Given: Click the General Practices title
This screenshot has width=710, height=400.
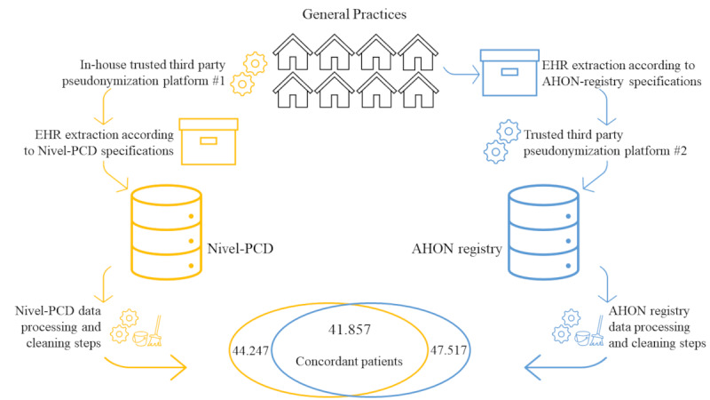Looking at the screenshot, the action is pos(354,14).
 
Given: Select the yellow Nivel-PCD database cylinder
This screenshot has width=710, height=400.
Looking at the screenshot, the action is pos(166,232).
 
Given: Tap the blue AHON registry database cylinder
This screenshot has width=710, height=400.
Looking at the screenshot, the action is pos(543,232).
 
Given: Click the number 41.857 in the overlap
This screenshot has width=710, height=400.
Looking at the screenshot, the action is pos(349,329).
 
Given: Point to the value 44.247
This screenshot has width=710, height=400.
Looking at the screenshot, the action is pos(250,350).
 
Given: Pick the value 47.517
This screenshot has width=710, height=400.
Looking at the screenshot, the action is pos(448,350).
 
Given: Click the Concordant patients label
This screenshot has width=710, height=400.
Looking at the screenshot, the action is pos(349,362).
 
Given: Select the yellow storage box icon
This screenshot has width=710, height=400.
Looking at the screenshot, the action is pos(209,141).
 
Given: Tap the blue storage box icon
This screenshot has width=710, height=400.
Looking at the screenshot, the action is pos(509,73).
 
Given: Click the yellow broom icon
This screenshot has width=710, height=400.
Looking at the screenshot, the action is pos(155,331).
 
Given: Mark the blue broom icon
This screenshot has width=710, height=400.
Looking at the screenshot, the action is pos(597,331).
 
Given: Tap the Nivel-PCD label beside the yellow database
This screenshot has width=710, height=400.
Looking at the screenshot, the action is pos(240,249).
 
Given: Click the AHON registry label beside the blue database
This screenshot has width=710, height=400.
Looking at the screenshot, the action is pos(456,249).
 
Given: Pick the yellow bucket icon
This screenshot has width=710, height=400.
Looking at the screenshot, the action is pos(140,339).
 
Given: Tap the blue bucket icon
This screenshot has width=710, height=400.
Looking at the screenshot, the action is pos(582,339).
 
